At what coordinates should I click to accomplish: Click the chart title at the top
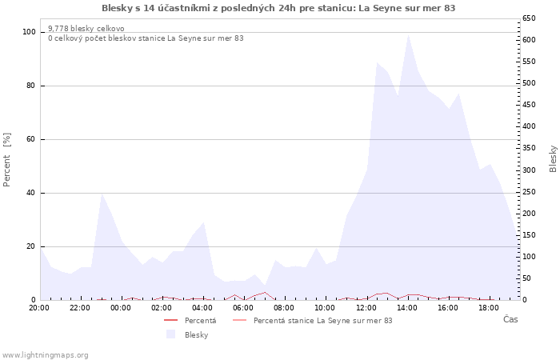(278, 8)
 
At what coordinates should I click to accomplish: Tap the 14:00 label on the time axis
(407, 308)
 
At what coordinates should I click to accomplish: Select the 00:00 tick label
(121, 308)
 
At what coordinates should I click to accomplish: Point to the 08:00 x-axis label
(284, 308)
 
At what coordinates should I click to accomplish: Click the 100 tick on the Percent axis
(29, 32)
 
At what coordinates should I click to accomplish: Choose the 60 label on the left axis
(31, 139)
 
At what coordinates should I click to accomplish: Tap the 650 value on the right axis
(529, 18)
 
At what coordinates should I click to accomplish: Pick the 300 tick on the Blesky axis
(529, 170)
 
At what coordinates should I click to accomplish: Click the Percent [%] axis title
(6, 160)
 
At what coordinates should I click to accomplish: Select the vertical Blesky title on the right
(553, 159)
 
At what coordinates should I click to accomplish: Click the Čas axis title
(510, 319)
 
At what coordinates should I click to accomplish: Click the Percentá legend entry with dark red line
(190, 320)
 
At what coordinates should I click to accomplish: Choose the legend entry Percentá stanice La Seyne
(313, 320)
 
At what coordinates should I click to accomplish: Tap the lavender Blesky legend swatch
(171, 334)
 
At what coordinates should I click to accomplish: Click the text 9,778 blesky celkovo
(86, 28)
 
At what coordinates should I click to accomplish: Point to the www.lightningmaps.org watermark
(44, 355)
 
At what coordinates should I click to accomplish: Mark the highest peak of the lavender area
(408, 34)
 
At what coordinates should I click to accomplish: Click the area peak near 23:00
(102, 194)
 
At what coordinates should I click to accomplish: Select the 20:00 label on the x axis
(39, 308)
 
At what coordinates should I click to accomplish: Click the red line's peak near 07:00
(265, 292)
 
